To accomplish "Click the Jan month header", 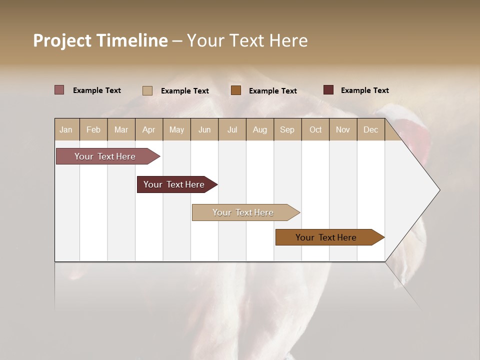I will coord(66,129).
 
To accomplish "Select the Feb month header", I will coord(93,129).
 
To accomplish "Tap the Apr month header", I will coord(148,129).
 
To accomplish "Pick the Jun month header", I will coord(204,129).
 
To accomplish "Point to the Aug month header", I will coord(259,129).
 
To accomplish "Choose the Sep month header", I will coord(287,129).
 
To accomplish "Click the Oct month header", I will coord(315,129).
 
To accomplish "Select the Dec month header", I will coord(370,129).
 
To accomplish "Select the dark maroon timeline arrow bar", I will coord(175,184).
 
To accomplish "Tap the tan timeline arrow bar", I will coord(243,212).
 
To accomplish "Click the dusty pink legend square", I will coord(59,90).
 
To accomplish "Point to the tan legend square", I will coord(147,90).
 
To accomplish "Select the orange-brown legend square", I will coord(236,90).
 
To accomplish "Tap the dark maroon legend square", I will coord(328,90).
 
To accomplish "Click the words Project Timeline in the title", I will coord(100,40).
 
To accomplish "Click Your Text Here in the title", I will coord(247,40).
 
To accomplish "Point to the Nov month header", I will coord(343,129).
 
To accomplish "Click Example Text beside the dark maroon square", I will coord(364,90).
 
